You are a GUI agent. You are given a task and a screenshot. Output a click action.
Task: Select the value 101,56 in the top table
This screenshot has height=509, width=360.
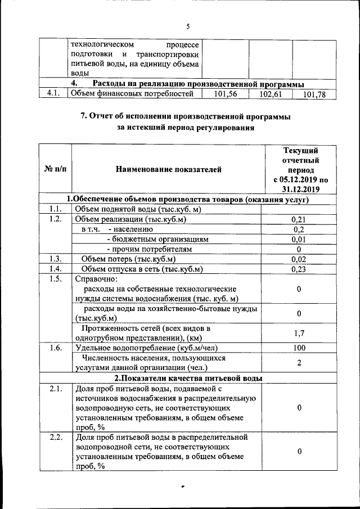[x=224, y=94]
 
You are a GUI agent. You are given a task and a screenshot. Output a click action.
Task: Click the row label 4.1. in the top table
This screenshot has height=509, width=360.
[x=53, y=94]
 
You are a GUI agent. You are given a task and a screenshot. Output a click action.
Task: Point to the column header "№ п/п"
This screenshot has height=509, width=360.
[x=55, y=169]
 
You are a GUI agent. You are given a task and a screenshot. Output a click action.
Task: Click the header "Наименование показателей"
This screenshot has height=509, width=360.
[x=169, y=169]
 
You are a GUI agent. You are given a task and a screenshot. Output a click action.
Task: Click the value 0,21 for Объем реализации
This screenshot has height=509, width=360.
[x=299, y=219]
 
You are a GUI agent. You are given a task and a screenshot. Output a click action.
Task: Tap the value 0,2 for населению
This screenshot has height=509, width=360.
[x=299, y=229]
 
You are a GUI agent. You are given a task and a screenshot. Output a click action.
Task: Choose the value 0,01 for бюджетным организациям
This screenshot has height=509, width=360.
[x=299, y=239]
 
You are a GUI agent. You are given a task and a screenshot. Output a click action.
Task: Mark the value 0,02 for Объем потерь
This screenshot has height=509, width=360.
[x=299, y=259]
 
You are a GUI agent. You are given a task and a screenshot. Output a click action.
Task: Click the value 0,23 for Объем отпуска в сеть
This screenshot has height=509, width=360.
[x=299, y=269]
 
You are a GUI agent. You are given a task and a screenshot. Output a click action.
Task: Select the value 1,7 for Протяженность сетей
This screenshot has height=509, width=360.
[x=299, y=333]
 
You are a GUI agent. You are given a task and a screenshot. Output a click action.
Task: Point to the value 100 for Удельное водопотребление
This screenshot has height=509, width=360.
[x=299, y=348]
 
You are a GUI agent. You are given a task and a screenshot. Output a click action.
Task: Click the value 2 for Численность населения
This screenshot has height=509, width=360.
[x=299, y=363]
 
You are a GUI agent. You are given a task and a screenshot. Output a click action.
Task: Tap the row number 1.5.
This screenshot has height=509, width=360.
[x=55, y=279]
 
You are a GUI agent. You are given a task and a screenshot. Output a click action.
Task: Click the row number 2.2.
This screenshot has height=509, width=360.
[x=55, y=437]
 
